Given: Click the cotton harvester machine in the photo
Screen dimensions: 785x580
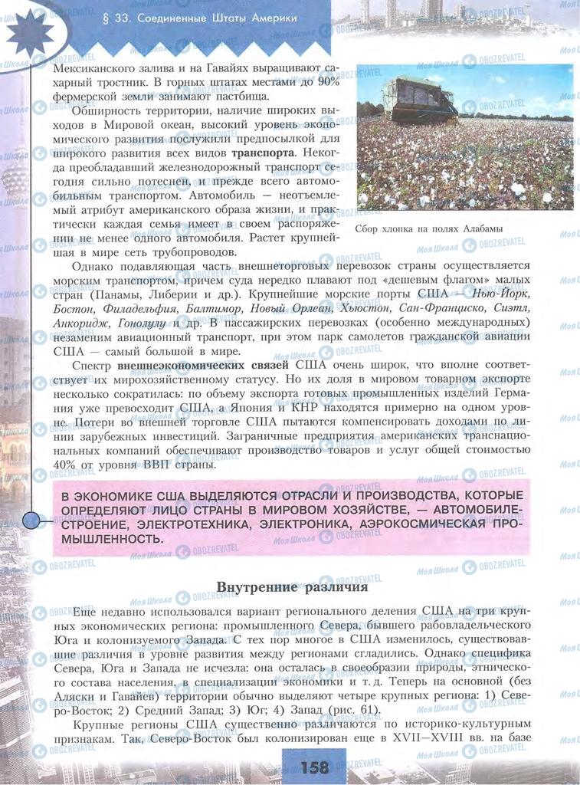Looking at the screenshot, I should pyautogui.click(x=422, y=99).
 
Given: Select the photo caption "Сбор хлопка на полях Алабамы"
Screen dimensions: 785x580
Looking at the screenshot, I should pyautogui.click(x=429, y=228).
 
